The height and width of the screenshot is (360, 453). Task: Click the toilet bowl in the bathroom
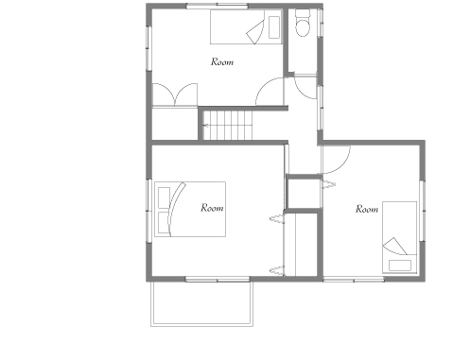click(303, 27)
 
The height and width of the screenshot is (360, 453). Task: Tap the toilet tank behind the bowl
click(303, 13)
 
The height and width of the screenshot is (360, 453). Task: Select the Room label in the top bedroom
click(222, 61)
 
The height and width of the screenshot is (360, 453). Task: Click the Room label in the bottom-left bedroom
click(212, 208)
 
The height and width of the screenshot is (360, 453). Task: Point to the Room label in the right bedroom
click(367, 209)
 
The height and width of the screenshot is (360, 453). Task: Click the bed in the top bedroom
click(246, 26)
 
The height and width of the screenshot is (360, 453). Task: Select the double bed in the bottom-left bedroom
click(190, 209)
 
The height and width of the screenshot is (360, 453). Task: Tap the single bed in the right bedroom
click(399, 237)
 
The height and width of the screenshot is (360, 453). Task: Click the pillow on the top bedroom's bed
click(274, 27)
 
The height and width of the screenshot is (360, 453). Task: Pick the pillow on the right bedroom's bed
click(400, 266)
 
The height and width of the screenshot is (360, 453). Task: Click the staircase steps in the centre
click(227, 125)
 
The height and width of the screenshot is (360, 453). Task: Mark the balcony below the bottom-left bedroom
click(201, 303)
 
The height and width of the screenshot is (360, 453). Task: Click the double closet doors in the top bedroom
click(175, 94)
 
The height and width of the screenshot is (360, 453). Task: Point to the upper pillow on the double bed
click(164, 197)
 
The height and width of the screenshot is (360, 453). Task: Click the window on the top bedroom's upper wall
click(217, 6)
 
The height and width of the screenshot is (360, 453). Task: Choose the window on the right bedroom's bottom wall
click(354, 280)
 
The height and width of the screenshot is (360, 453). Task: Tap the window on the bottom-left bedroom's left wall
click(148, 211)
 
